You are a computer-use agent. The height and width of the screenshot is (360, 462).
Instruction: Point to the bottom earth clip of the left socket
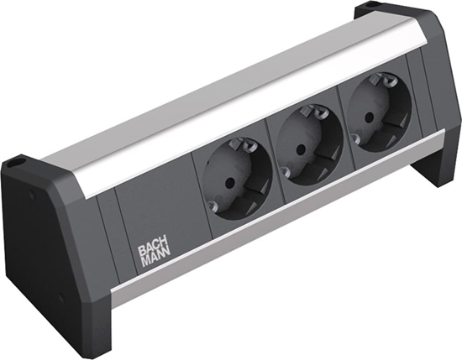[213, 206]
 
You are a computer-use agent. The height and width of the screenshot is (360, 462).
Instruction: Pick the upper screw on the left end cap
[32, 194]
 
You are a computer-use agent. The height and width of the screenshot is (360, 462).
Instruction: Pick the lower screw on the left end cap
[61, 295]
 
